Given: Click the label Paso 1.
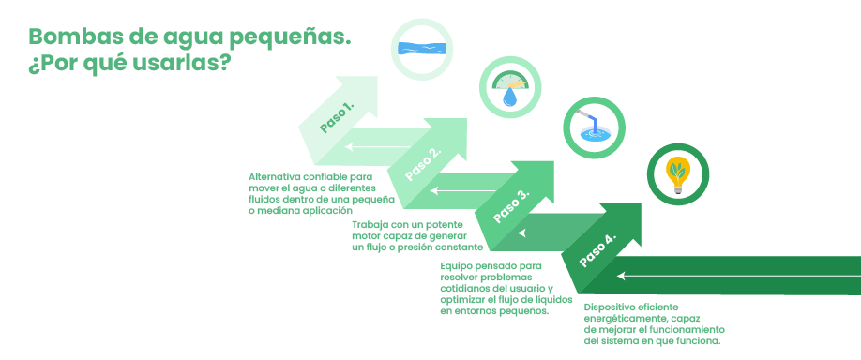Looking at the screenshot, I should click(x=336, y=116).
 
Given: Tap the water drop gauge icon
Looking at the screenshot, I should click(x=511, y=89).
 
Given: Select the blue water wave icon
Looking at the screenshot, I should click(x=424, y=47).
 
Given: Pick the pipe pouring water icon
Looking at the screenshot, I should click(x=592, y=127).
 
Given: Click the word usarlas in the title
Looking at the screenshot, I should click(x=187, y=67).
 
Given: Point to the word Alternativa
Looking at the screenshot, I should click(x=279, y=176).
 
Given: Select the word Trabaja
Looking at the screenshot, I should click(x=372, y=225).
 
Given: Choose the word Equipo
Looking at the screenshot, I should click(x=460, y=265).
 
